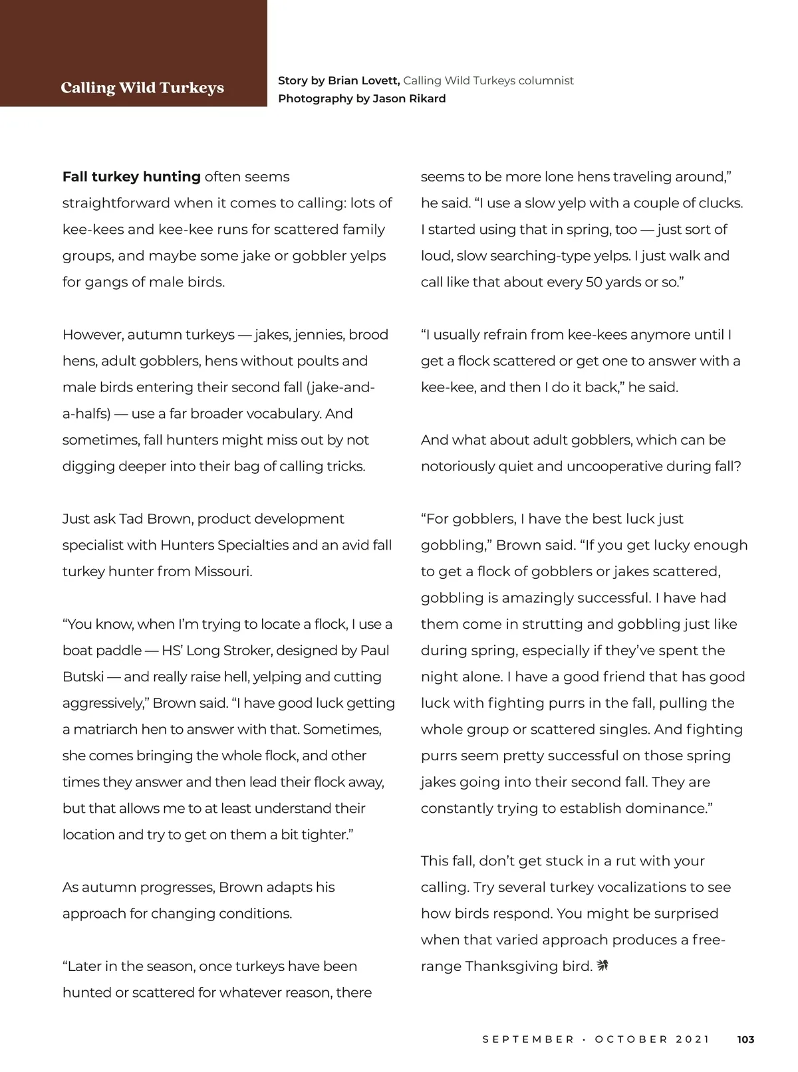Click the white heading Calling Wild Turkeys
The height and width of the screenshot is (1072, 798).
(x=142, y=88)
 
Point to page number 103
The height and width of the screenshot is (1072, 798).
(x=746, y=1039)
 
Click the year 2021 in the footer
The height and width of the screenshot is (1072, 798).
(x=693, y=1039)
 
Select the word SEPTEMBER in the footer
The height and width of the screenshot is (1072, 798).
(x=528, y=1039)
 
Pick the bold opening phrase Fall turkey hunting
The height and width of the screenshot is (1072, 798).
(x=132, y=177)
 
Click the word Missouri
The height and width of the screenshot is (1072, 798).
(x=222, y=572)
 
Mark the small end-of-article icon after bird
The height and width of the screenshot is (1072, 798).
(x=603, y=965)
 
